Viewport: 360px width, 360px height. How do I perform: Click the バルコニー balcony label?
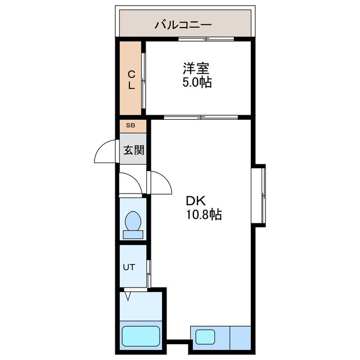point(183,25)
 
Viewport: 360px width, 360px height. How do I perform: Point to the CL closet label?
point(130,80)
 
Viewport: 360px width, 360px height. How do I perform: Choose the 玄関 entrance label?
point(133,150)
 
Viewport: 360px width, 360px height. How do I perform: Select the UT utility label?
point(129,267)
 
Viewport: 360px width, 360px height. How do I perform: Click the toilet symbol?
point(133,223)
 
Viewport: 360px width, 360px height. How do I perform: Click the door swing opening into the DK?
point(160,181)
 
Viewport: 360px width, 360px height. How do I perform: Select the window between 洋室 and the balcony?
point(205,39)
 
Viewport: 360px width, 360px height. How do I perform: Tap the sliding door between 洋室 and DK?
point(201,118)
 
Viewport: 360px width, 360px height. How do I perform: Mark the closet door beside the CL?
point(144,80)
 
